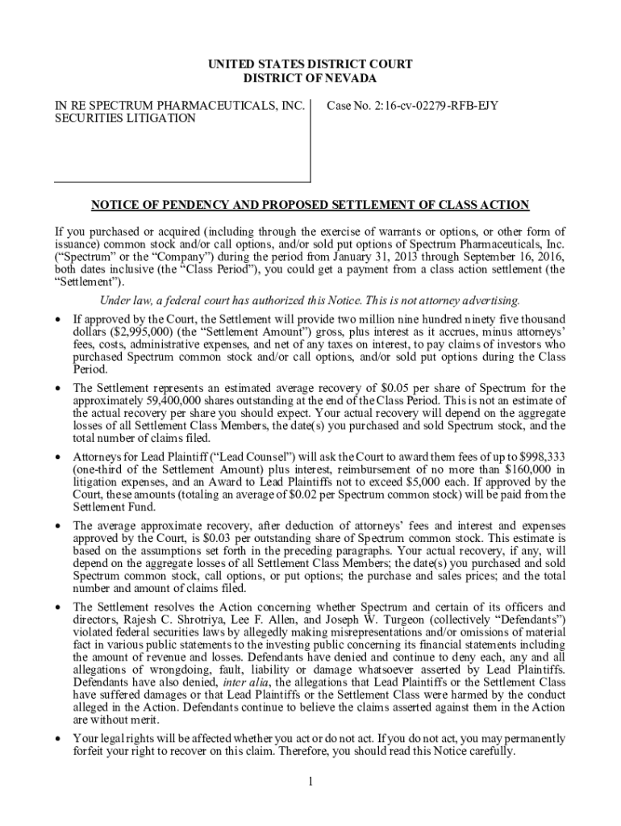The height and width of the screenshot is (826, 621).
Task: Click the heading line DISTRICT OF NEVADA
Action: pos(310,78)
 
